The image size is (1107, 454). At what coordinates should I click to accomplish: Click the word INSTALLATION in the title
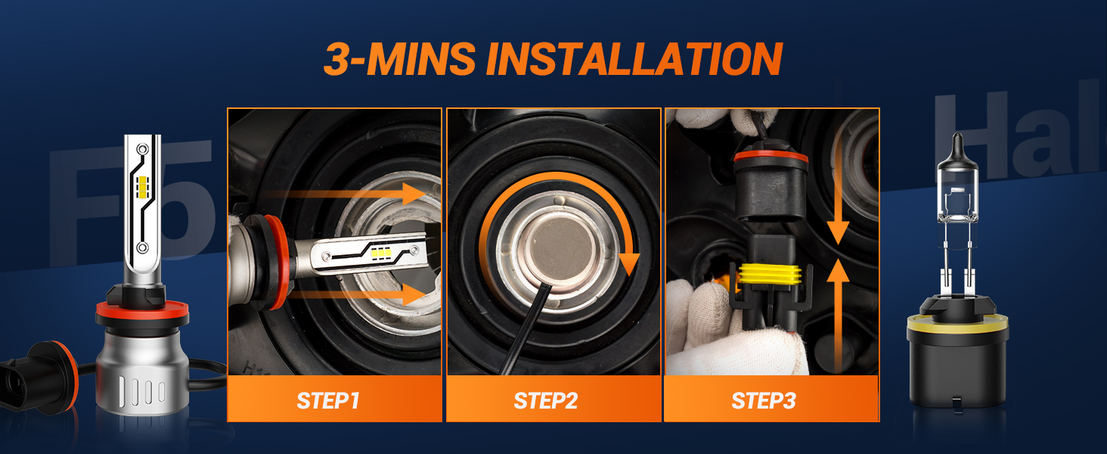tap(633, 59)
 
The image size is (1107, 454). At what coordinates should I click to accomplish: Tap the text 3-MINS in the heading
tap(399, 59)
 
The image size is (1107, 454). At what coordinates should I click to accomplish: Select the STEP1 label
tap(328, 400)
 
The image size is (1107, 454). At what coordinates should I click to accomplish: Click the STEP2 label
tap(546, 400)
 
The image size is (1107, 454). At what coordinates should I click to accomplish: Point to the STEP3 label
tap(764, 400)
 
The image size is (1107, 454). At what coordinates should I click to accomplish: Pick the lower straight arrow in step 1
tap(355, 294)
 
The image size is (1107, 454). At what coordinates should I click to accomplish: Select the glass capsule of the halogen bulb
tap(956, 193)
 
